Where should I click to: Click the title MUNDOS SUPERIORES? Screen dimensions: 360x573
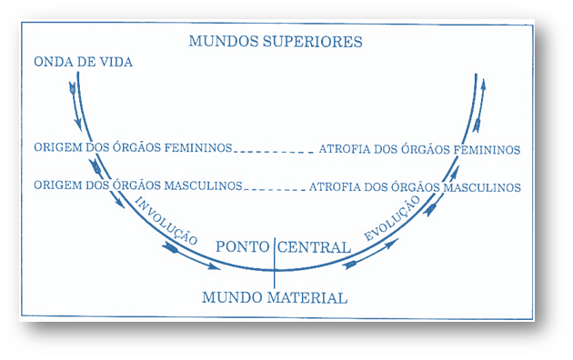pyautogui.click(x=276, y=42)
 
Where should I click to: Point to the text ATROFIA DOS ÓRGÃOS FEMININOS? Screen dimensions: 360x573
pyautogui.click(x=419, y=149)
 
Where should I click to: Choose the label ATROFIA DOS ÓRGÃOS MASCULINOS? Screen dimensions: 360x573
pyautogui.click(x=415, y=186)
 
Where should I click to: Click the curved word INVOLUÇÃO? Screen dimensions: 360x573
pyautogui.click(x=166, y=219)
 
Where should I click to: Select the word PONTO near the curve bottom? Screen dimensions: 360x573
pyautogui.click(x=243, y=247)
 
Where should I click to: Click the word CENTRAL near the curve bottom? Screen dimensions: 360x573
pyautogui.click(x=314, y=247)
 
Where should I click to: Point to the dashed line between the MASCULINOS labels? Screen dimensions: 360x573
pyautogui.click(x=276, y=188)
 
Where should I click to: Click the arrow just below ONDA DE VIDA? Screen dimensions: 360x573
pyautogui.click(x=73, y=88)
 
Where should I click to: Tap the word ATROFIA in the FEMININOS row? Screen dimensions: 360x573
pyautogui.click(x=341, y=149)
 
